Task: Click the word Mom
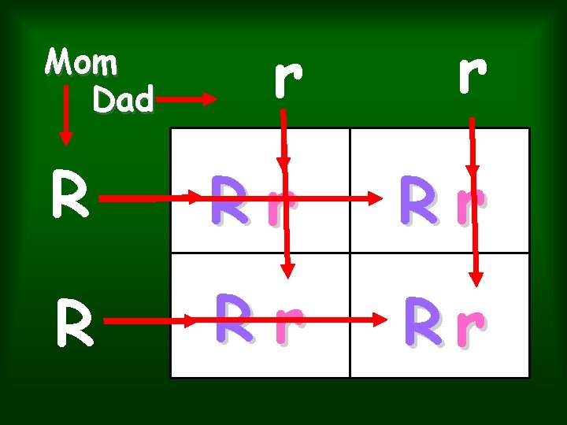81,61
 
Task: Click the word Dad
121,99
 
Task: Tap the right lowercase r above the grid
471,71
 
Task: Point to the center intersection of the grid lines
350,253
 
